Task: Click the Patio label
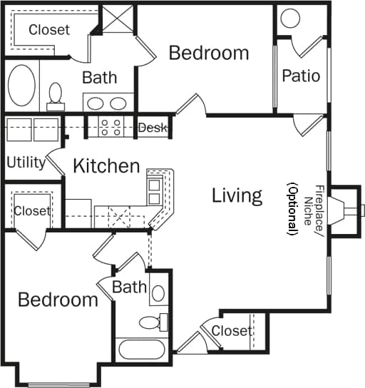click(301, 76)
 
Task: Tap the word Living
click(237, 195)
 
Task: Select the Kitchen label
click(107, 167)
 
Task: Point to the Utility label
click(26, 162)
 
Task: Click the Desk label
click(152, 128)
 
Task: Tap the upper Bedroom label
click(209, 53)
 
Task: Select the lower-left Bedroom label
click(58, 300)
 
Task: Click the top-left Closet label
click(49, 30)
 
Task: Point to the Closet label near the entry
click(232, 331)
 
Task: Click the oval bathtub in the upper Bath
click(21, 87)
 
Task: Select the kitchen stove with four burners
click(113, 127)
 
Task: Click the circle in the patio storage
click(290, 19)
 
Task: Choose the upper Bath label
click(99, 77)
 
